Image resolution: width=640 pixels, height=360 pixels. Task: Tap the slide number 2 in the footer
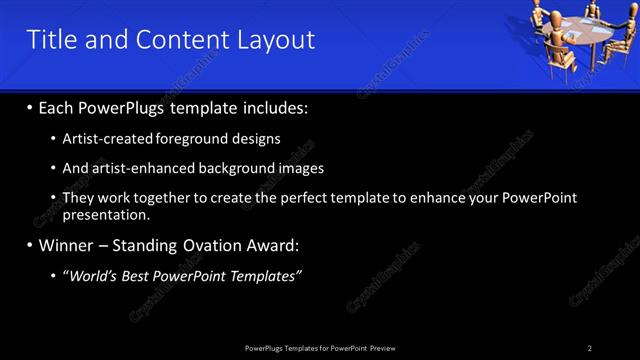click(x=590, y=347)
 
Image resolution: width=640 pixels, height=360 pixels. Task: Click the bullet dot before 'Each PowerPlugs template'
click(x=31, y=107)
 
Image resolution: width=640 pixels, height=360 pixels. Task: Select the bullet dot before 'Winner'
click(x=31, y=246)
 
